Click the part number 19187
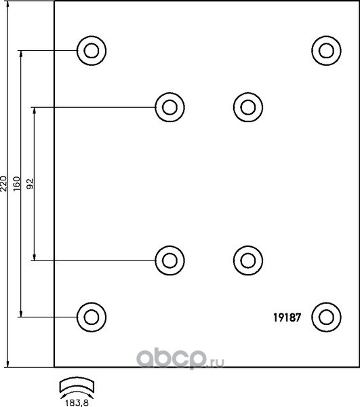pos(287,317)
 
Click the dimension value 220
pos(3,184)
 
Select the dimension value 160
pos(16,184)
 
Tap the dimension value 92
pos(31,184)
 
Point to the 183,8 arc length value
pos(77,403)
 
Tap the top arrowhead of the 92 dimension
pos(34,111)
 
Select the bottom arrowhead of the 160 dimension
pos(21,313)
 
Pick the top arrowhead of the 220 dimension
pos(7,5)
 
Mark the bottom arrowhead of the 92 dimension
pos(34,256)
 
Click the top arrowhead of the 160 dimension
pos(21,54)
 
